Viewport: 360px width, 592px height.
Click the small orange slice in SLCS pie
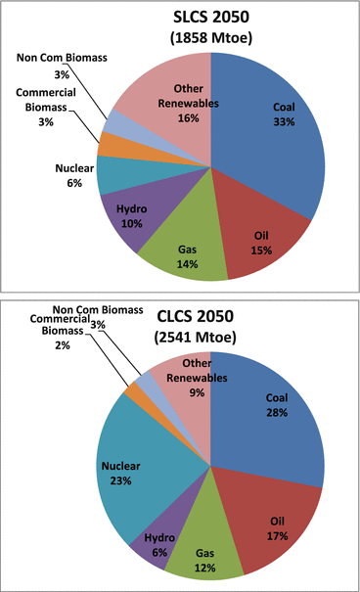click(x=109, y=145)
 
